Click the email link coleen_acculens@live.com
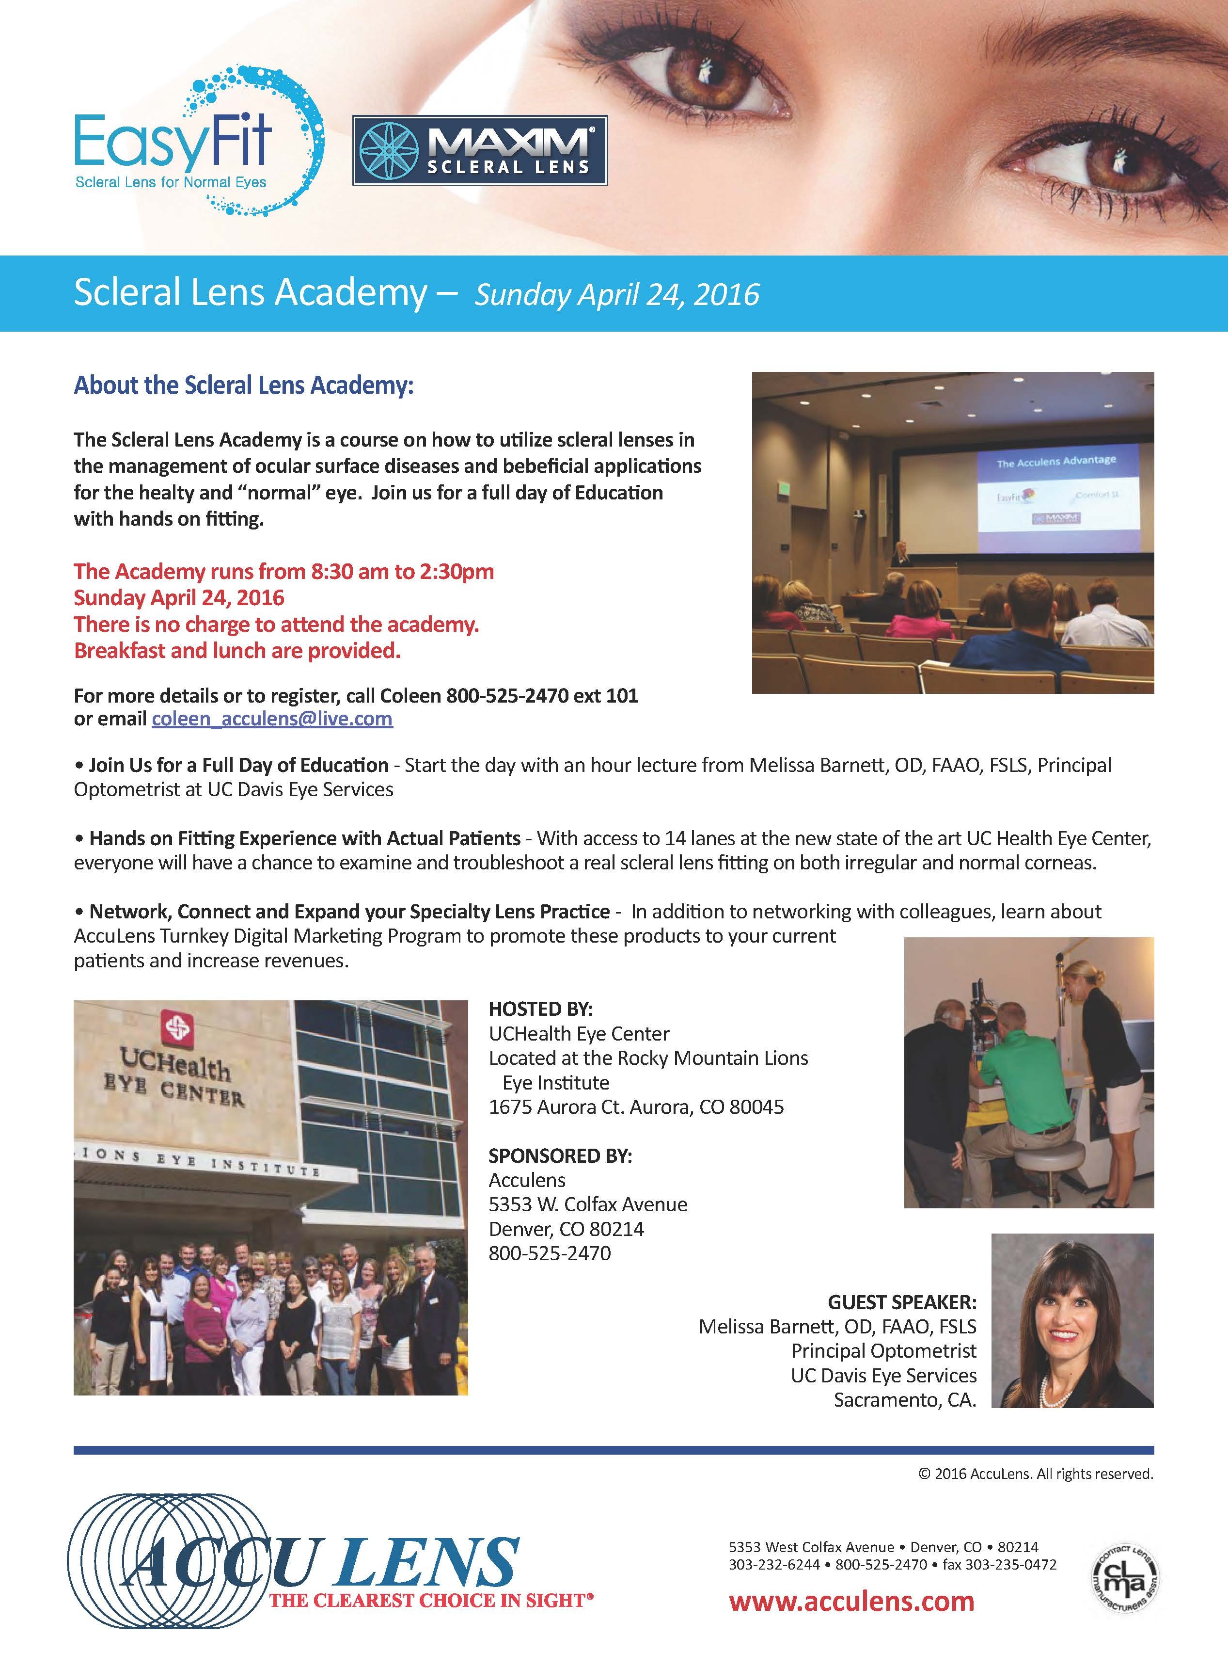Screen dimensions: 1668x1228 (x=272, y=719)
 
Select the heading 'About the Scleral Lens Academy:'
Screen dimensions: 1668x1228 (x=243, y=386)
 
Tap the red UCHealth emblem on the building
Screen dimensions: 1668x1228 (x=177, y=1028)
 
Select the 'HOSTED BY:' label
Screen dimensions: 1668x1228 (x=540, y=1009)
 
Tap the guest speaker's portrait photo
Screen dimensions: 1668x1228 (x=1072, y=1320)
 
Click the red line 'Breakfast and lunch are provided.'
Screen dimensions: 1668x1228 (x=237, y=651)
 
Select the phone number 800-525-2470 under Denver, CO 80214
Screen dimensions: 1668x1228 (x=550, y=1254)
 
